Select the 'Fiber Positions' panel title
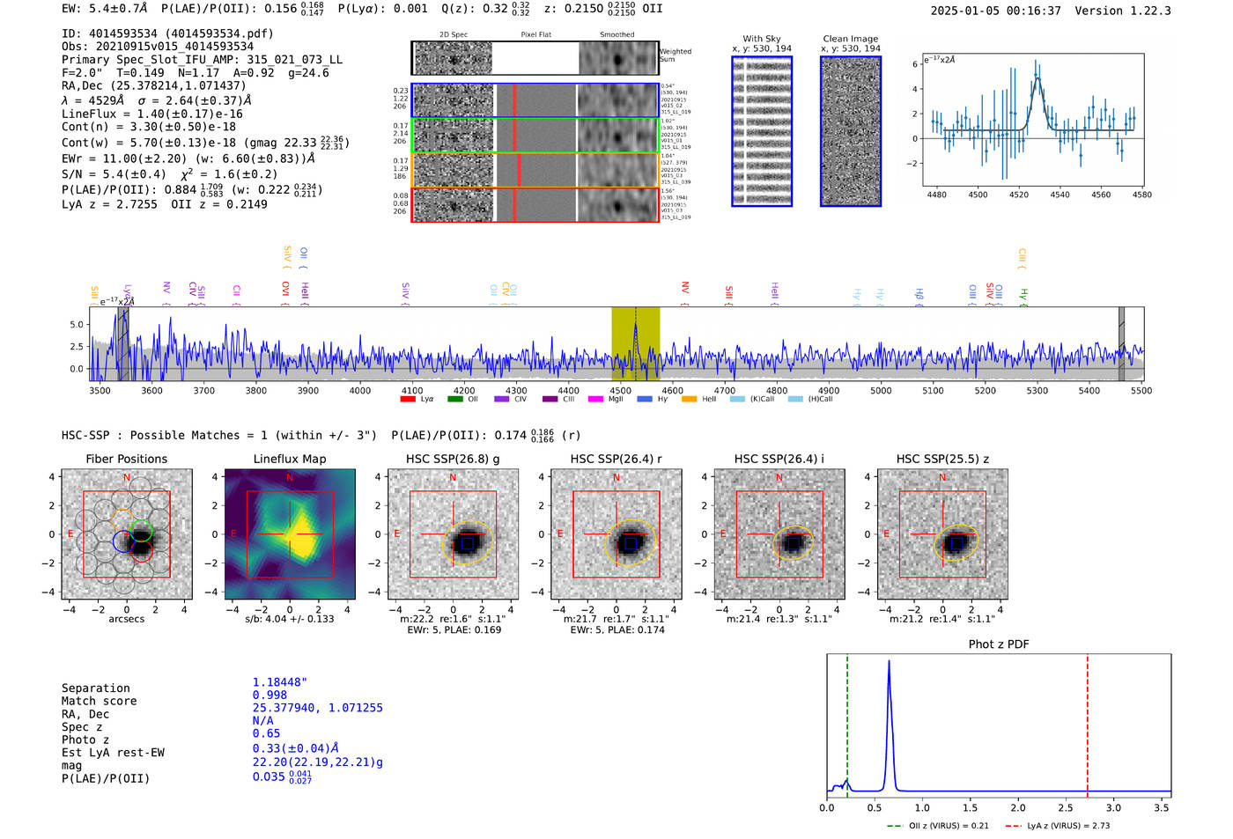click(x=126, y=459)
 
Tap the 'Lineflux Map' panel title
click(x=290, y=459)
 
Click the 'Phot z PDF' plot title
click(x=999, y=644)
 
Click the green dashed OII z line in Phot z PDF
click(x=847, y=722)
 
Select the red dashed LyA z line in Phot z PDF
click(x=1088, y=722)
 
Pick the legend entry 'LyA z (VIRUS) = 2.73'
click(x=1068, y=826)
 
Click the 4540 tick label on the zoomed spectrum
click(x=1059, y=195)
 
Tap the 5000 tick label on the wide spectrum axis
click(x=881, y=390)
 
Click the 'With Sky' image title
click(x=761, y=39)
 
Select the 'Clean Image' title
click(x=850, y=39)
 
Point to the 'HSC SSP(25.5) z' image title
click(x=942, y=459)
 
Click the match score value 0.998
click(x=269, y=695)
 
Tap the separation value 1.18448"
click(x=279, y=681)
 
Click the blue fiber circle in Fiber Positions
click(x=122, y=541)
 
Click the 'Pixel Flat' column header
click(x=535, y=34)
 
